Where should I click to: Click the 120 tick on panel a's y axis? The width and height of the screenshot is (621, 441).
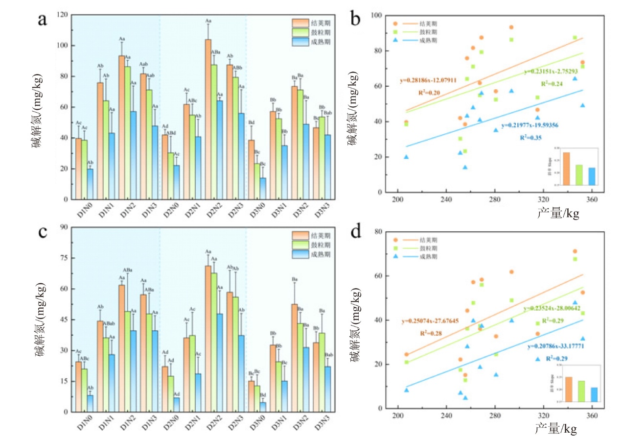click(62, 15)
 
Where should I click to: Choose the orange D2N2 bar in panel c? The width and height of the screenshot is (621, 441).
click(208, 339)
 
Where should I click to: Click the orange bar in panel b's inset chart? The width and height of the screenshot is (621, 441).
click(567, 169)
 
